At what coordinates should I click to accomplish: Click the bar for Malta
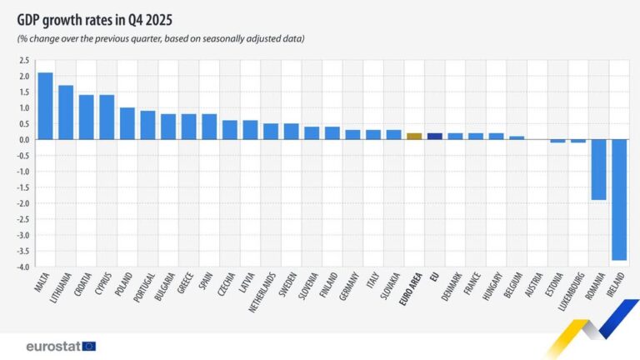pyautogui.click(x=45, y=106)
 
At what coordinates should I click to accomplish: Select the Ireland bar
pyautogui.click(x=618, y=200)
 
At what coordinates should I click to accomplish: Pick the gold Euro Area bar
pyautogui.click(x=414, y=136)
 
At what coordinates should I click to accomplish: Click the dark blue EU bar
pyautogui.click(x=434, y=136)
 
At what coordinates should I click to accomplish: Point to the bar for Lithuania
pyautogui.click(x=66, y=112)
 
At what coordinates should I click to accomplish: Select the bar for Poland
pyautogui.click(x=127, y=123)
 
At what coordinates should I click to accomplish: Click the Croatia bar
pyautogui.click(x=87, y=117)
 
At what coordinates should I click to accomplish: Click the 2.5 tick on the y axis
pyautogui.click(x=24, y=61)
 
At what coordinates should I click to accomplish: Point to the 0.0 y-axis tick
pyautogui.click(x=24, y=140)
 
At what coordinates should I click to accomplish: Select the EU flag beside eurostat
pyautogui.click(x=89, y=346)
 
